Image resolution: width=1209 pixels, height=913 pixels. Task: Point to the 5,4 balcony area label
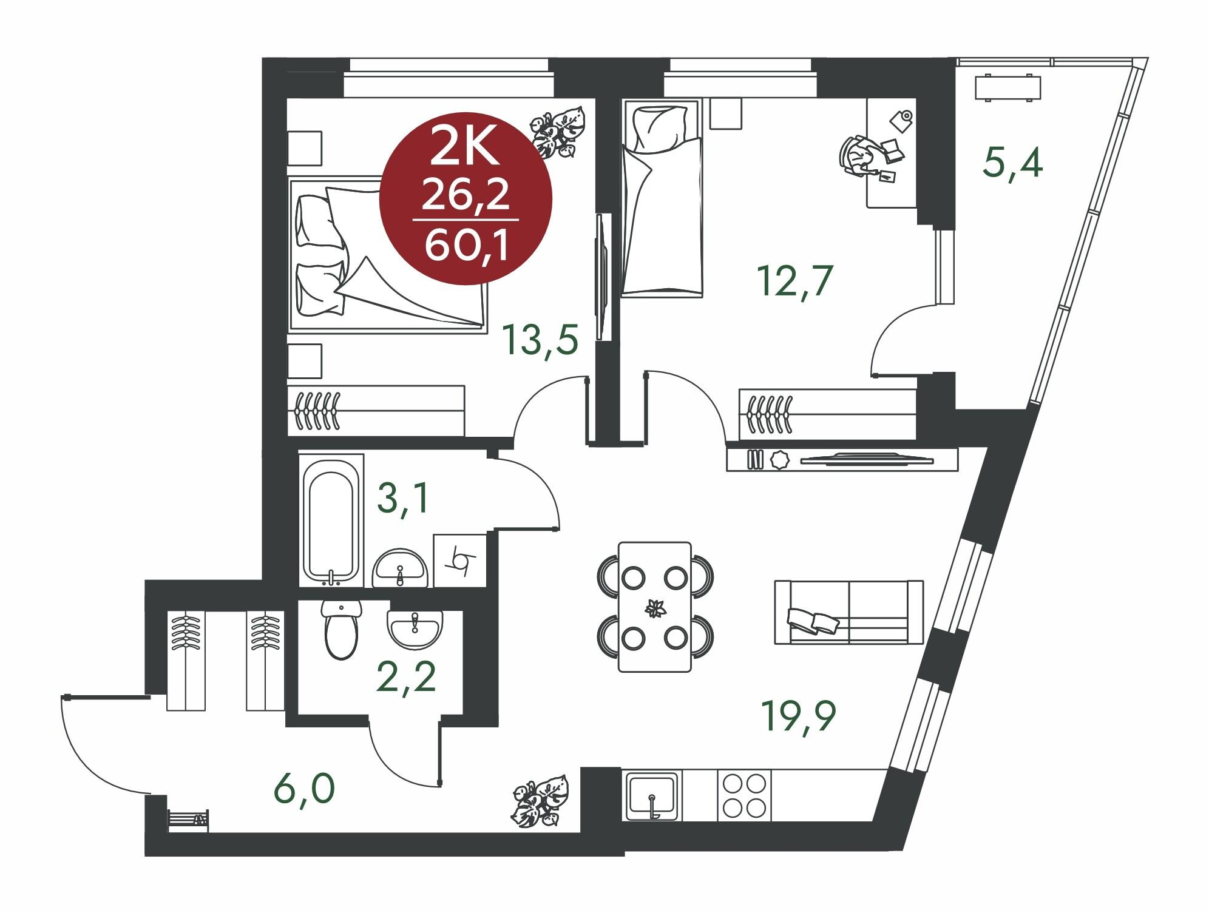click(1013, 163)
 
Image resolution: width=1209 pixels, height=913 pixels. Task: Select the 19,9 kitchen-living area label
click(798, 716)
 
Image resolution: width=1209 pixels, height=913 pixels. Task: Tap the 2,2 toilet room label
click(406, 678)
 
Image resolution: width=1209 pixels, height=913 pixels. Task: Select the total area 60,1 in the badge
click(466, 247)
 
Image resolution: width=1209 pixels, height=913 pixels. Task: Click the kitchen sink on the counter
click(652, 796)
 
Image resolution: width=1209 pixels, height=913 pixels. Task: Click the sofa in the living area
click(848, 611)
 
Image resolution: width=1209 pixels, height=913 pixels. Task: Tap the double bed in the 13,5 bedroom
click(388, 255)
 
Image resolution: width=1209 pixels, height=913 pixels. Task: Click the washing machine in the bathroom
click(459, 560)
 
